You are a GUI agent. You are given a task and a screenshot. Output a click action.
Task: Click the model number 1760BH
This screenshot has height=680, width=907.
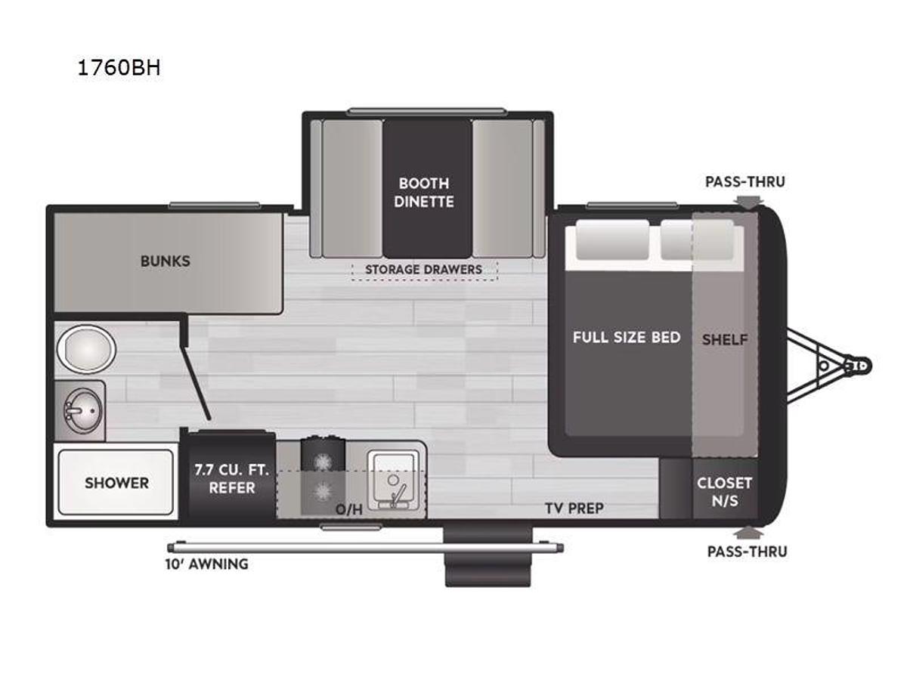(x=119, y=69)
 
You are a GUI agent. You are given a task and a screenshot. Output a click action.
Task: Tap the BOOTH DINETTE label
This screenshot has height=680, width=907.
(x=424, y=192)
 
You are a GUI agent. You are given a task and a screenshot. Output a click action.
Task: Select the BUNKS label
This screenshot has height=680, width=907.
(x=165, y=261)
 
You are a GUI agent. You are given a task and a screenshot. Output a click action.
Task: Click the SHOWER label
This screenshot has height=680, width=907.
(x=116, y=483)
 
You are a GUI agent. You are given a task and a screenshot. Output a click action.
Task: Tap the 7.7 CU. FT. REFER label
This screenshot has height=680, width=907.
(x=231, y=478)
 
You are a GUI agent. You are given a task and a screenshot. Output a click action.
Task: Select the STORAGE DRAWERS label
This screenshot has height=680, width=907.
(x=423, y=270)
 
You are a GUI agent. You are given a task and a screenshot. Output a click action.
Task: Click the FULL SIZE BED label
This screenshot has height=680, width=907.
(x=627, y=337)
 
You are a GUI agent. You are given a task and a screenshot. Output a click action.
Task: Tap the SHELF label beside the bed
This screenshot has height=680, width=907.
(x=724, y=340)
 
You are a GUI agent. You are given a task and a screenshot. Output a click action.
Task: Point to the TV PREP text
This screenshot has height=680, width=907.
(x=574, y=508)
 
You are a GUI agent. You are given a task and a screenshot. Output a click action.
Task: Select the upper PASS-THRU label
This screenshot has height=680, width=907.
(x=744, y=181)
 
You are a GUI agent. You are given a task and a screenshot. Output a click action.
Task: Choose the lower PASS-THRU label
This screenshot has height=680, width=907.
(x=747, y=552)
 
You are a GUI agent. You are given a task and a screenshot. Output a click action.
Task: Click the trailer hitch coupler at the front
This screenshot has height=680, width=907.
(x=857, y=366)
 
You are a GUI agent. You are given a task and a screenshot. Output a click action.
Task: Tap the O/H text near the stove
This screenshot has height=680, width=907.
(x=348, y=509)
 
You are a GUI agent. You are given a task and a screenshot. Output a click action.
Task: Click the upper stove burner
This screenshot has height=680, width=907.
(x=323, y=460)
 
